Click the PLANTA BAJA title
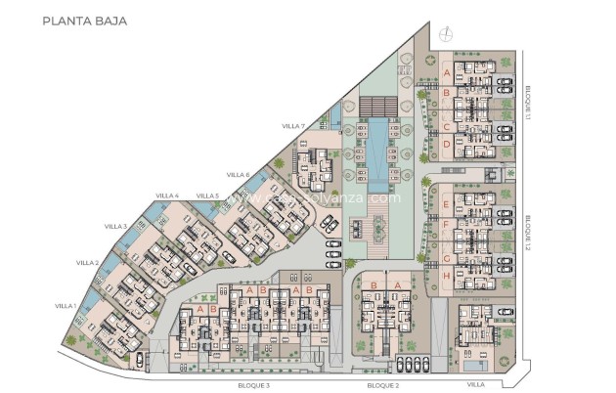tap(85, 19)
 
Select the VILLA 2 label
tap(87, 263)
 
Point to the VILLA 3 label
tap(115, 227)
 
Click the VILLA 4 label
tap(168, 196)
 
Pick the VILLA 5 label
tap(207, 196)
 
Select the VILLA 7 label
tap(293, 126)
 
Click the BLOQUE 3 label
tap(256, 385)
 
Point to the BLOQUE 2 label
tap(382, 385)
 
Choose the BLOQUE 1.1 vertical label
tap(525, 103)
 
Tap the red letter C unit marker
tap(447, 125)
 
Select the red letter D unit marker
tap(447, 145)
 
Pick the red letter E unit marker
tap(447, 205)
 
